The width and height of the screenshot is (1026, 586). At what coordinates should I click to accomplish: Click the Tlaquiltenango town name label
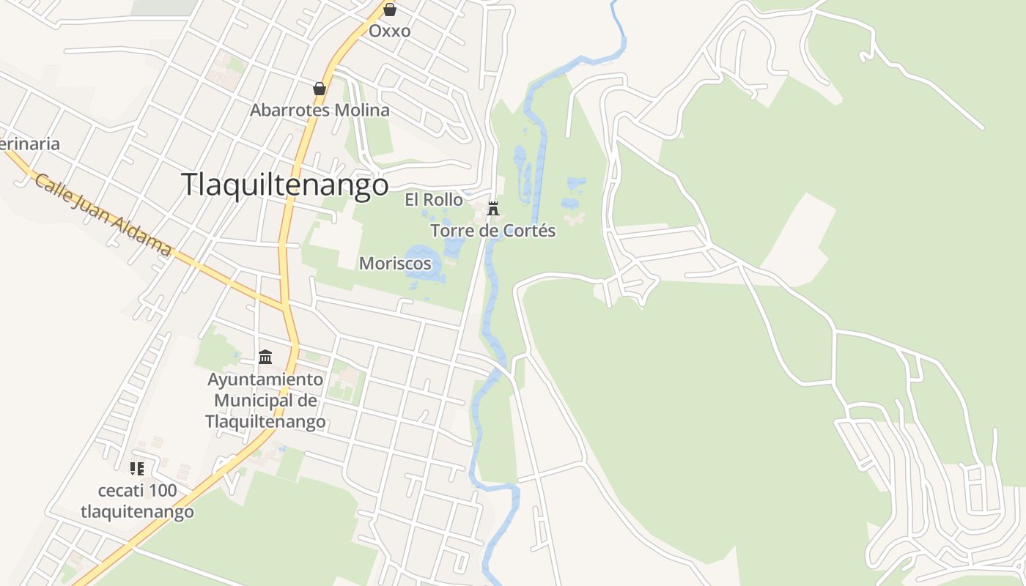(x=284, y=185)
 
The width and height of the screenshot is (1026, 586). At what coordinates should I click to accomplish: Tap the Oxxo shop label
(x=389, y=31)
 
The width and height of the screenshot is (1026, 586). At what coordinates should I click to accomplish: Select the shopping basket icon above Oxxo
(x=390, y=10)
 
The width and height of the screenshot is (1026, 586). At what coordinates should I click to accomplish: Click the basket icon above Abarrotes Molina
(x=320, y=89)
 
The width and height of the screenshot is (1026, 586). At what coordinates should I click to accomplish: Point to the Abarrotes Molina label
(x=320, y=110)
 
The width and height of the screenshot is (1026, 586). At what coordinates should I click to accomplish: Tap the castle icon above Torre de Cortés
(x=493, y=209)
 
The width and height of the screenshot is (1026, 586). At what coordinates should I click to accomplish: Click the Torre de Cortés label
(x=493, y=231)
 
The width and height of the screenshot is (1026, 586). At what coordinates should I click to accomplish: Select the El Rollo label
(x=434, y=199)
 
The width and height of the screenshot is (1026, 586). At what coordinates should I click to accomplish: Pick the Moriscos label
(x=395, y=263)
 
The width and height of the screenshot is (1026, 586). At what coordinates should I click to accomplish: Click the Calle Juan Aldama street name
(x=103, y=214)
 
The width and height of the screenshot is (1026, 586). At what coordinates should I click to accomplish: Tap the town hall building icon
(x=265, y=357)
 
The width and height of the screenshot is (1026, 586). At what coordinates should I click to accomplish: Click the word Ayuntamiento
(x=265, y=379)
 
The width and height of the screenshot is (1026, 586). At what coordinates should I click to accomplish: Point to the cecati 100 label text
(x=138, y=490)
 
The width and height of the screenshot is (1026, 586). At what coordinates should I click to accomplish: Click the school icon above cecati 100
(x=137, y=469)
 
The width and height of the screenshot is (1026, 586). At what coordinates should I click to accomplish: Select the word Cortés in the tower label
(x=532, y=231)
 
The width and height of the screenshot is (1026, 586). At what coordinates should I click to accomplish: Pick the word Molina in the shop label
(x=361, y=110)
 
